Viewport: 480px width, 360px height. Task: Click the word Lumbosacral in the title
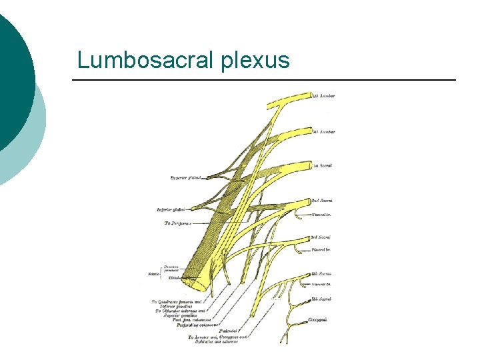[x=144, y=60]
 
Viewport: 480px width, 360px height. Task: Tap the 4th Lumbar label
[x=325, y=96]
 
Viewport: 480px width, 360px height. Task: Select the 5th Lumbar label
[x=325, y=132]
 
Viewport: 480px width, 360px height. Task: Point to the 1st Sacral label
[x=323, y=166]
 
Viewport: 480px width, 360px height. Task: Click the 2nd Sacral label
[x=322, y=200]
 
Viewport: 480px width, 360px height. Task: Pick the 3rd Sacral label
[x=321, y=237]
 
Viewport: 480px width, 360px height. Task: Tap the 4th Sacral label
[x=321, y=273]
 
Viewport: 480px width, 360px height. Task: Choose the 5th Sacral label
[x=321, y=299]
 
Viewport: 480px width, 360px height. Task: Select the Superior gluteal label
[x=186, y=177]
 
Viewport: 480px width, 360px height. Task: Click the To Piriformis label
[x=178, y=223]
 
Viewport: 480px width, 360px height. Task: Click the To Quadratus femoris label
[x=179, y=302]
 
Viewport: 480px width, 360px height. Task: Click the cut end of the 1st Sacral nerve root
[x=310, y=165]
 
